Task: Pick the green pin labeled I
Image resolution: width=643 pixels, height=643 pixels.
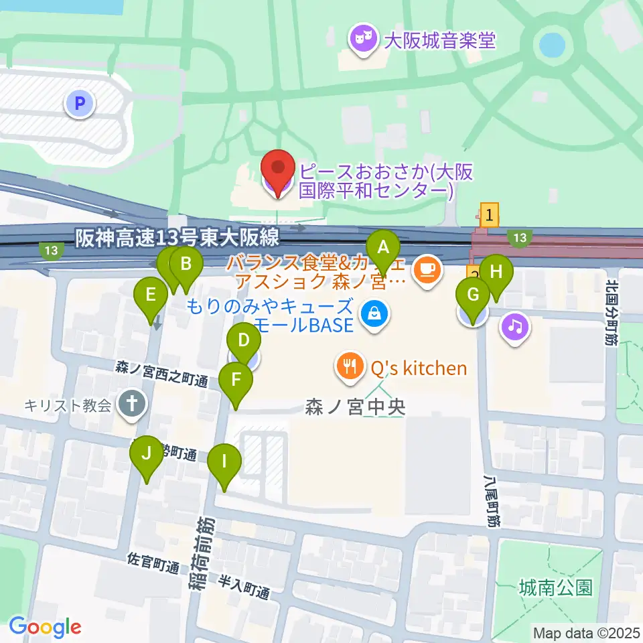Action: coord(224,463)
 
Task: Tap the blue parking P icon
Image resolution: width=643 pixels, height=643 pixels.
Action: coord(80,103)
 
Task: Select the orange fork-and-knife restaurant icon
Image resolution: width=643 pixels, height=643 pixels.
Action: coord(349,366)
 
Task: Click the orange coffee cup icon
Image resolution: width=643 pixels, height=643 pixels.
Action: coord(427,270)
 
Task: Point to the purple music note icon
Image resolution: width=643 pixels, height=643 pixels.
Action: coord(514,328)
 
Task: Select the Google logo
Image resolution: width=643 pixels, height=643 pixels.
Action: coord(45,627)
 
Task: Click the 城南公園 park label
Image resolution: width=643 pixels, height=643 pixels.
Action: coord(555,588)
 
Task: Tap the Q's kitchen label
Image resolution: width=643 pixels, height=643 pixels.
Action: coord(418,367)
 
